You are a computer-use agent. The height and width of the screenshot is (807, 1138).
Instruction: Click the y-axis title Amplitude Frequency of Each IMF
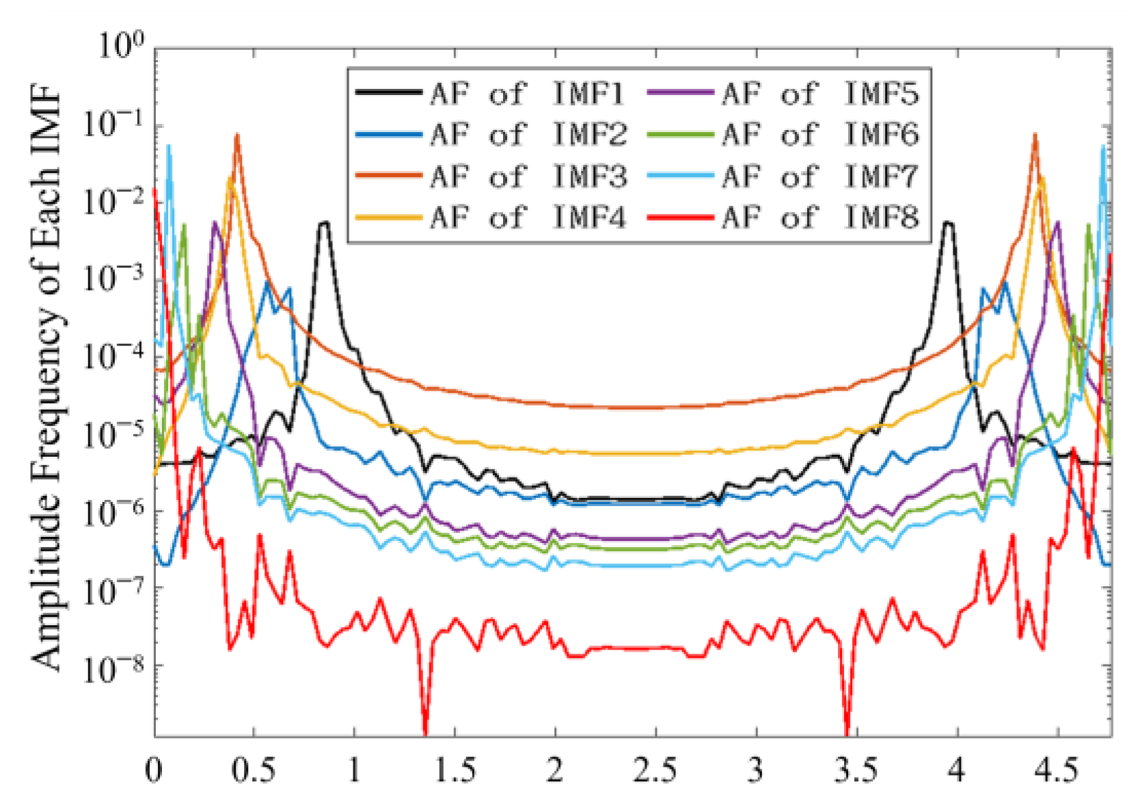click(46, 380)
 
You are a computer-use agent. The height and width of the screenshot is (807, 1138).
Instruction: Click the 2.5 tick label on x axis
click(655, 771)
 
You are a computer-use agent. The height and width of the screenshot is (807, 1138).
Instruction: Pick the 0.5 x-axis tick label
click(254, 771)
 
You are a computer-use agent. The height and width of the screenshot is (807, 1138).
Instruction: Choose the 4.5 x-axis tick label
click(1057, 771)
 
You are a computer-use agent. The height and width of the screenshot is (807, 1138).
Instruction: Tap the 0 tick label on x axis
click(154, 771)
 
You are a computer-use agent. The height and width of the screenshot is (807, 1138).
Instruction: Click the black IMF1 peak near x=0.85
click(324, 223)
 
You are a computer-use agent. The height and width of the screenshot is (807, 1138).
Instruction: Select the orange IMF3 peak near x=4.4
click(1035, 136)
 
